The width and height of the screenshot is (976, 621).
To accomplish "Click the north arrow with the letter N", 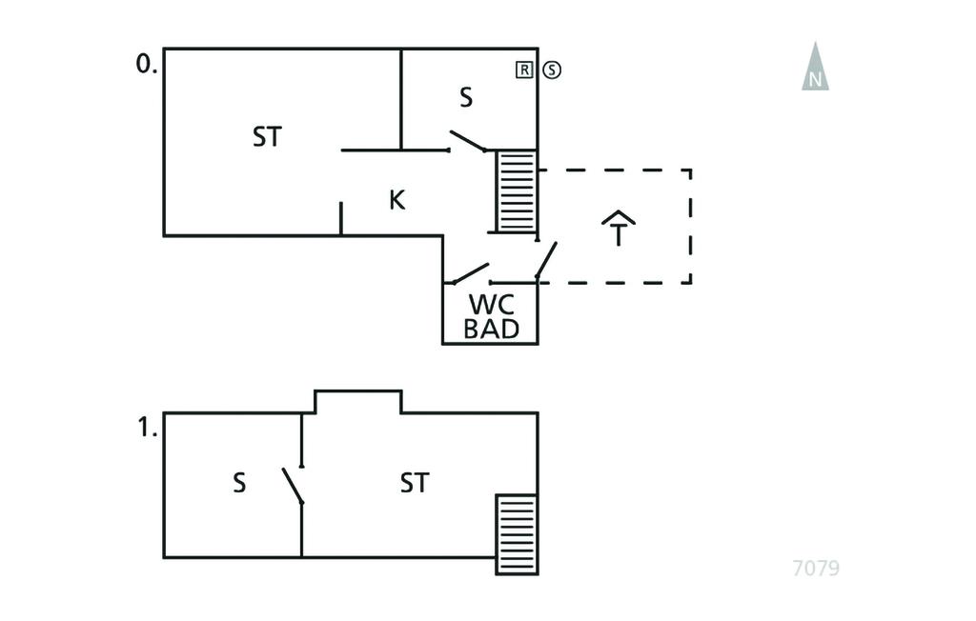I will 815,68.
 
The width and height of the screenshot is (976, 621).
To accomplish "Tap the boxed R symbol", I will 524,69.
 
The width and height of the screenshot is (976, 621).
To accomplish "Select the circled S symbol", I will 552,69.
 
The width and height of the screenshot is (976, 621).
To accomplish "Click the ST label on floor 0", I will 267,137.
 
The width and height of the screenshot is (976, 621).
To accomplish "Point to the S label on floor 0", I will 466,97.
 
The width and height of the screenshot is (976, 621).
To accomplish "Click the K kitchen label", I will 397,201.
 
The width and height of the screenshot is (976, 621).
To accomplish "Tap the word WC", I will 492,305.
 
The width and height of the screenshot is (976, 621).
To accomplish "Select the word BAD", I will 492,330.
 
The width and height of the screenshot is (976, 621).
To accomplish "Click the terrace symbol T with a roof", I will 619,228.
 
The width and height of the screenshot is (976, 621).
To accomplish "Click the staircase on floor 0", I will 516,190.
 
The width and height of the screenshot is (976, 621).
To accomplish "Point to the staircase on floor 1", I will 517,533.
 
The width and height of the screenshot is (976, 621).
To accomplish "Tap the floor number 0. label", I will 147,64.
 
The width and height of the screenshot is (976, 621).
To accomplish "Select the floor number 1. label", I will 147,428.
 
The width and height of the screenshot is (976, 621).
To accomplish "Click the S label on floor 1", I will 239,483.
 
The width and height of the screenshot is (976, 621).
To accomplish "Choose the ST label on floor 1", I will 415,483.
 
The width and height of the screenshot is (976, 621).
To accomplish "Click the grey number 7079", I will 816,569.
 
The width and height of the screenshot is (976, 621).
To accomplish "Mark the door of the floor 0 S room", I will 467,141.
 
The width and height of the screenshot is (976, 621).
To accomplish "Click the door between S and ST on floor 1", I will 293,486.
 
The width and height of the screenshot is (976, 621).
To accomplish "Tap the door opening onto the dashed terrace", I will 546,260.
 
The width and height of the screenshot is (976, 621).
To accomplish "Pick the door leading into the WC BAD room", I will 467,274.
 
